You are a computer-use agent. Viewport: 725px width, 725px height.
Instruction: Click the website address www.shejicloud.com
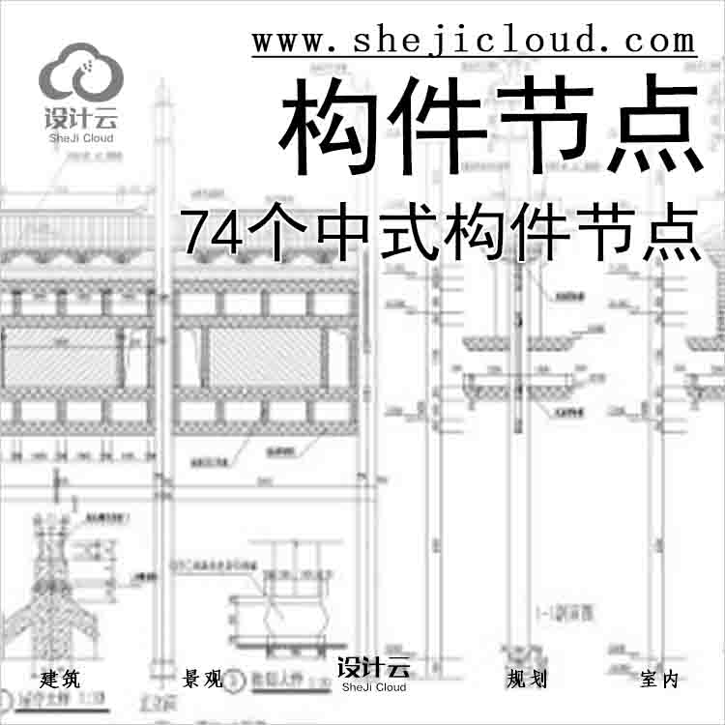(x=474, y=41)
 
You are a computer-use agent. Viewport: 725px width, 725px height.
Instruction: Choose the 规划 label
(x=526, y=679)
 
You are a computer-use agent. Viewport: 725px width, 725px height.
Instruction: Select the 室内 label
(x=659, y=679)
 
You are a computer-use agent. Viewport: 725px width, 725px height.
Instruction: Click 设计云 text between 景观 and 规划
(x=373, y=668)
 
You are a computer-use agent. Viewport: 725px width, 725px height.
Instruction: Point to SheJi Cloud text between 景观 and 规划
(x=373, y=687)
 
